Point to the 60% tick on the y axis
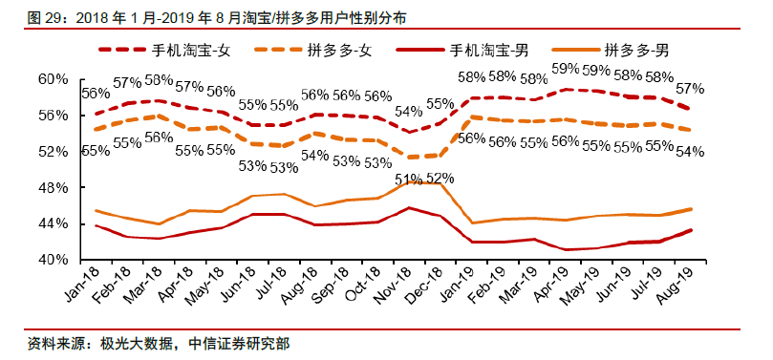point(54,79)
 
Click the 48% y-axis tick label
point(54,188)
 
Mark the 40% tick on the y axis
point(54,260)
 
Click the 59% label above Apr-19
point(567,69)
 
